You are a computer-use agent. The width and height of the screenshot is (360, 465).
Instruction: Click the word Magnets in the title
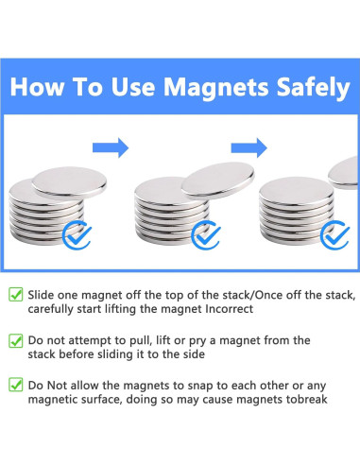pyautogui.click(x=215, y=87)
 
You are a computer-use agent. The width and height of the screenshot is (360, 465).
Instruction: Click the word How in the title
pyautogui.click(x=37, y=87)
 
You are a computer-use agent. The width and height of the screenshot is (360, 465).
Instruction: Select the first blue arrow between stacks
pyautogui.click(x=111, y=147)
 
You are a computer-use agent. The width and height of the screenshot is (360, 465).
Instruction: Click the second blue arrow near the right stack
pyautogui.click(x=249, y=147)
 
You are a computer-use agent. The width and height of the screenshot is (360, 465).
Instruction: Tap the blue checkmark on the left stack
pyautogui.click(x=77, y=235)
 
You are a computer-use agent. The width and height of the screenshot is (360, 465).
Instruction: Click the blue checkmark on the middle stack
pyautogui.click(x=206, y=235)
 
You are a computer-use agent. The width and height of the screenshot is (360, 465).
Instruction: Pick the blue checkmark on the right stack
pyautogui.click(x=334, y=235)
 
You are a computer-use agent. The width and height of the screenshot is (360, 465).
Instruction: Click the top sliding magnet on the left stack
pyautogui.click(x=69, y=182)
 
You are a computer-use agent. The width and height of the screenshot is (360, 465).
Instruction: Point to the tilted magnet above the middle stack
pyautogui.click(x=218, y=180)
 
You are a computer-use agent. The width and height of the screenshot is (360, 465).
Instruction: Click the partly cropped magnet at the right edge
pyautogui.click(x=345, y=173)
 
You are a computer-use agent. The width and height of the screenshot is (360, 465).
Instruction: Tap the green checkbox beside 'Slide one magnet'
pyautogui.click(x=16, y=295)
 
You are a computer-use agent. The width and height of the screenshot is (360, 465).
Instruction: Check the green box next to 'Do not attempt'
pyautogui.click(x=16, y=340)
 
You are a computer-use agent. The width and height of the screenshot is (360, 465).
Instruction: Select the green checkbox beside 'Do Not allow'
pyautogui.click(x=16, y=385)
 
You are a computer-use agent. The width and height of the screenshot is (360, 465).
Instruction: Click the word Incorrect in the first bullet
pyautogui.click(x=229, y=309)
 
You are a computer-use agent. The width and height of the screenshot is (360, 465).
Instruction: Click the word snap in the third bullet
pyautogui.click(x=201, y=387)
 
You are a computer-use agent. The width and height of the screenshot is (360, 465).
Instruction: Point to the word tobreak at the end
pyautogui.click(x=306, y=399)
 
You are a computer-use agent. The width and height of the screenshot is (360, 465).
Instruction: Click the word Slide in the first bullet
pyautogui.click(x=41, y=295)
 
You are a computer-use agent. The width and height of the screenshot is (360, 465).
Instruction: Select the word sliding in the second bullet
pyautogui.click(x=115, y=354)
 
